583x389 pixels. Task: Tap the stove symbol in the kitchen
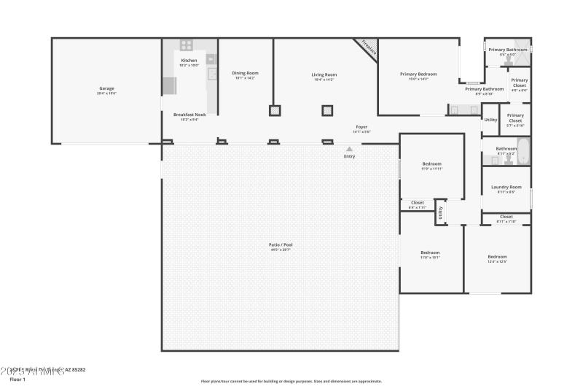187,45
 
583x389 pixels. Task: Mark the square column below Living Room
328,111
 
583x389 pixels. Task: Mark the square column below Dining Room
275,111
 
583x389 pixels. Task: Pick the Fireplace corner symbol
368,48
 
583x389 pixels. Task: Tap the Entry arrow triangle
349,149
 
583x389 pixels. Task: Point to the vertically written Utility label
440,214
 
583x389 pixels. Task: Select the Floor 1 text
17,380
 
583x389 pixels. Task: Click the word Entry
349,157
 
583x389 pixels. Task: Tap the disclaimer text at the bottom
291,381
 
